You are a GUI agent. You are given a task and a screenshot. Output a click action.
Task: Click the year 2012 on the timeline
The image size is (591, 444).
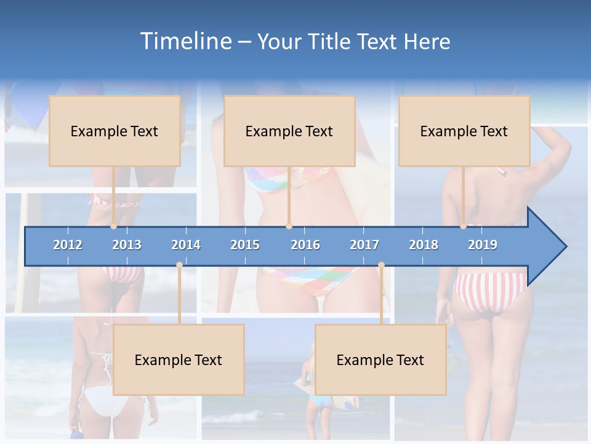coord(68,245)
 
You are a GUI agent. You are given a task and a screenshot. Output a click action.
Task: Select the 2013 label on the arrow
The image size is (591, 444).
coord(127,245)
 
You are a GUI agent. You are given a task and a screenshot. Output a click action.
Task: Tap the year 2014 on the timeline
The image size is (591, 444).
coord(186,245)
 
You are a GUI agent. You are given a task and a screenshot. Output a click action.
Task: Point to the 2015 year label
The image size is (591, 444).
coord(245,245)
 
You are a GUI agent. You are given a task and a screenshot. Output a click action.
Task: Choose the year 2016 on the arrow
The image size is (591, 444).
coord(305,245)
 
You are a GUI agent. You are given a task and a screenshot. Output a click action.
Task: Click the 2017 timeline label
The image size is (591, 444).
coord(364,245)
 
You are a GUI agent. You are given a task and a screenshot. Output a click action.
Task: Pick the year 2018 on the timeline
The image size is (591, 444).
coord(424,245)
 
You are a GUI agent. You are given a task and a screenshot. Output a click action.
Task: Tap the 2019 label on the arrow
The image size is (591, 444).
coord(483,245)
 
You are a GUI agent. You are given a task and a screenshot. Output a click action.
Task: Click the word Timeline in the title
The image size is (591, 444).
coord(184,41)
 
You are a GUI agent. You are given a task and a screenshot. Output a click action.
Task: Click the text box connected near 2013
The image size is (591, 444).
coord(115,131)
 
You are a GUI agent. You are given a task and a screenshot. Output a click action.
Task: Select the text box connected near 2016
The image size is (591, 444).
coord(289,131)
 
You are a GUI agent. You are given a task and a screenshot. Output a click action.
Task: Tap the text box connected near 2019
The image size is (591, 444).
coord(464,131)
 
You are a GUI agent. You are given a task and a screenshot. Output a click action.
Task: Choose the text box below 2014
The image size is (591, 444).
coord(179,360)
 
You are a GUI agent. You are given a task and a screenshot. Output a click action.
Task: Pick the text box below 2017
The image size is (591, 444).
coord(380,360)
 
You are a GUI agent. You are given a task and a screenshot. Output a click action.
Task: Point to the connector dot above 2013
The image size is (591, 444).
coord(113,226)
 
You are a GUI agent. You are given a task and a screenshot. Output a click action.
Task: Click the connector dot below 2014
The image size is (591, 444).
coord(179,265)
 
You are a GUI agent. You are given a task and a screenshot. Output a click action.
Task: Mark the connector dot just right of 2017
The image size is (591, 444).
coord(381,265)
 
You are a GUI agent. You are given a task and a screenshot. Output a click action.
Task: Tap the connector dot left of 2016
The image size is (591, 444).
coord(289,226)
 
